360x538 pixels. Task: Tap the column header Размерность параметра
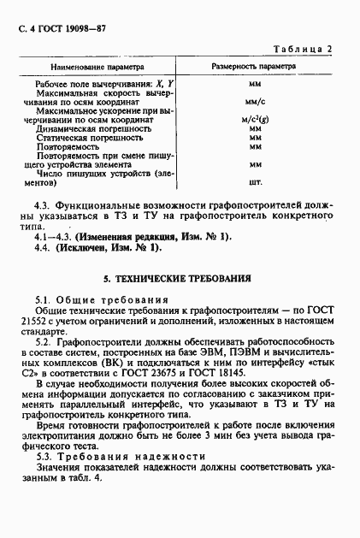pos(254,66)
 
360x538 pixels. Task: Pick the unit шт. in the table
pos(254,182)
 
